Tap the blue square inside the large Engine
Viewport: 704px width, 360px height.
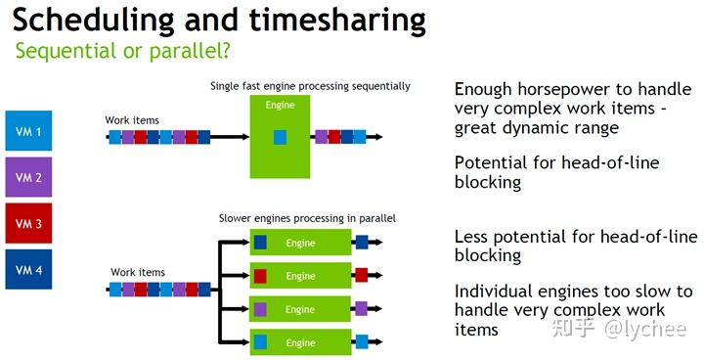pos(280,138)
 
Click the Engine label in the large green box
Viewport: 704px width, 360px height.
pos(281,105)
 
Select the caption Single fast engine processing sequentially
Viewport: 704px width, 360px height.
pos(310,86)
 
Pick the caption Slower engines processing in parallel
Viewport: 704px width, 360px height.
pos(307,217)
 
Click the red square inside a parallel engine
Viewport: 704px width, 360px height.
pos(261,275)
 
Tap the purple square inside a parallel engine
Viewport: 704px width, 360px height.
pos(261,308)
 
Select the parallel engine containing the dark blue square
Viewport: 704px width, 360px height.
pos(301,243)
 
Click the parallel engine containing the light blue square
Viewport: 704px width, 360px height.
pos(301,342)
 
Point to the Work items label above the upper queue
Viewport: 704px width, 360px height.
pos(132,120)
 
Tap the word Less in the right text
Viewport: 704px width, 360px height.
pos(473,237)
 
